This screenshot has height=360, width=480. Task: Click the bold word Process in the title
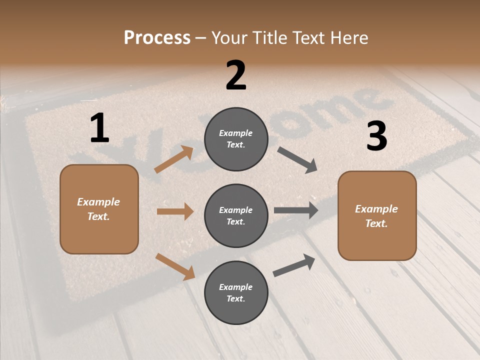[x=157, y=38]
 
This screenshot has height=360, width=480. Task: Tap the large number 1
[x=99, y=128]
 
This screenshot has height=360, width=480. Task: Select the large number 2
[x=236, y=75]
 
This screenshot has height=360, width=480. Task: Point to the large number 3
[x=376, y=136]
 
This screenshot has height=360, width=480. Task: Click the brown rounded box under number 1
[x=99, y=209]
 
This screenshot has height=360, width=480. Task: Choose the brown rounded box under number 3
[x=377, y=215]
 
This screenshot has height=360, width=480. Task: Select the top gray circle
[x=236, y=139]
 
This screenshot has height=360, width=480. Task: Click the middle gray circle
[x=236, y=215]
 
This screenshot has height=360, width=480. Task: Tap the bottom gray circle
[x=236, y=292]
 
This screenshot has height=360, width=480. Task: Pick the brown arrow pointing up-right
[x=174, y=159]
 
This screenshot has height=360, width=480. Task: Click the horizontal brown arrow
[x=175, y=211]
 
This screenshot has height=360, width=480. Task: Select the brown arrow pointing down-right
[x=175, y=266]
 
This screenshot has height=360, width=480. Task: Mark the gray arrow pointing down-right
[x=297, y=160]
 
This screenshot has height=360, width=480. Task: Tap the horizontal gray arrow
[x=296, y=210]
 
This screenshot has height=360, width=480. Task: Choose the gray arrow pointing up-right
[x=294, y=265]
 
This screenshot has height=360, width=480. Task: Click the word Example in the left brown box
[x=98, y=202]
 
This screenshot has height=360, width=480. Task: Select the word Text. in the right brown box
[x=376, y=223]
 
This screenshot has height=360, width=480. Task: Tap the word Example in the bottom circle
[x=236, y=287]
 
